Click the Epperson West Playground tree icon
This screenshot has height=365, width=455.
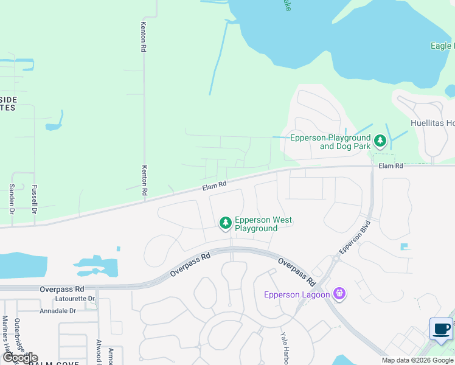[226, 223]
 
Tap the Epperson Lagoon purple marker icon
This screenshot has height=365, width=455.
[339, 294]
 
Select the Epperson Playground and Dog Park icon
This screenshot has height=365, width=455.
[380, 142]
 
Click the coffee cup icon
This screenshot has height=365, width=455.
[441, 329]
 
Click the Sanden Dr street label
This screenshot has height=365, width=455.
[12, 200]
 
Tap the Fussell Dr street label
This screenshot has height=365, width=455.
[34, 200]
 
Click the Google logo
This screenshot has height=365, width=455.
[20, 358]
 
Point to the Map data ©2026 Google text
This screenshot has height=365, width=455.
[417, 360]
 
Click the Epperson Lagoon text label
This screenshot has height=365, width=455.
[297, 295]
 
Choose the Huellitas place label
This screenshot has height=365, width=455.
[432, 123]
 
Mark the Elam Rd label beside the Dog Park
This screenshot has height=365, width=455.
[391, 165]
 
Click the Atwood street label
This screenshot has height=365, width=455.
[99, 352]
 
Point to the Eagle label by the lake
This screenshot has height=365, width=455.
[441, 46]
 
